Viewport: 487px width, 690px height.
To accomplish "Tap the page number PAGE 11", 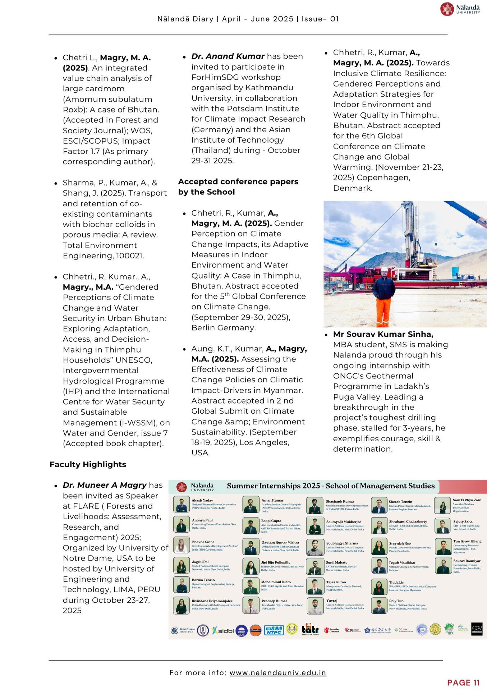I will pos(463,682).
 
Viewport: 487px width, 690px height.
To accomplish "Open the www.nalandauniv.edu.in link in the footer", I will pos(277,672).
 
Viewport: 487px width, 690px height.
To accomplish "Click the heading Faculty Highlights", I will pos(88,464).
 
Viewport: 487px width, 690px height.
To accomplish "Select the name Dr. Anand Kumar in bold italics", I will pos(228,56).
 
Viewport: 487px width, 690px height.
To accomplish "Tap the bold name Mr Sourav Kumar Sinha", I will pos(383,334).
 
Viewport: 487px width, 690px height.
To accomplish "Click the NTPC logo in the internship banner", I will pos(274,630).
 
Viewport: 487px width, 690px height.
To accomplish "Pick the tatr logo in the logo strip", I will pos(310,630).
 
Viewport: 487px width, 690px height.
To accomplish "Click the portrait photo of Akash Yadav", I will pos(182,505).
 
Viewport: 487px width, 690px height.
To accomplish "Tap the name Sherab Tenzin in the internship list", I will pos(400,502).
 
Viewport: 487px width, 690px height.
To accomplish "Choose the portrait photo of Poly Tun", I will pos(379,606).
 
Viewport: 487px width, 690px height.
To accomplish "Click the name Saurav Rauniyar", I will pos(467,561).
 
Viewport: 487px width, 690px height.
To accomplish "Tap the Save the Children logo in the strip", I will pos(331,630).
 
